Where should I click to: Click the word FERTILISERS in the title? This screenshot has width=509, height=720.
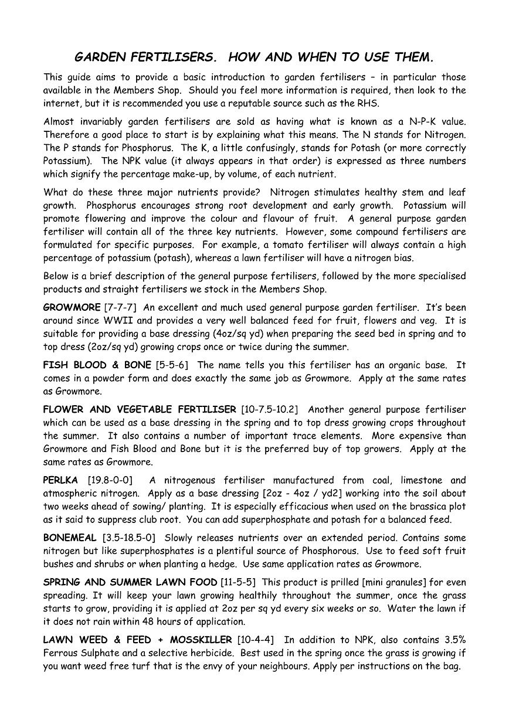coord(164,57)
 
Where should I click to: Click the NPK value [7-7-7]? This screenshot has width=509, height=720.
coord(120,308)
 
